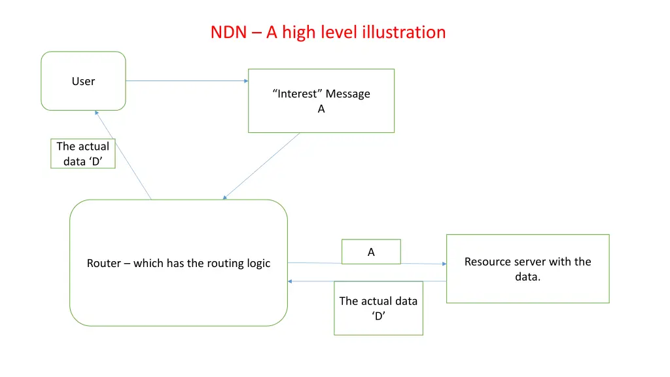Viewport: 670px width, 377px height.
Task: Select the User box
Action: (x=83, y=81)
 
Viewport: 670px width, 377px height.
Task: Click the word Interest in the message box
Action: (x=298, y=94)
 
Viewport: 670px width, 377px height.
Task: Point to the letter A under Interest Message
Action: (x=321, y=109)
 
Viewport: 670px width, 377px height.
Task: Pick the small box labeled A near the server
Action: (x=371, y=252)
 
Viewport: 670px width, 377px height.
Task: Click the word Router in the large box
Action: (x=104, y=263)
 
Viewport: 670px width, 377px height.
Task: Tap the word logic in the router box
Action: (x=257, y=263)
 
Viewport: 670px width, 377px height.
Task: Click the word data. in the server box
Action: (x=527, y=277)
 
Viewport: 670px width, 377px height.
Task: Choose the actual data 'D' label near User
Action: (x=83, y=154)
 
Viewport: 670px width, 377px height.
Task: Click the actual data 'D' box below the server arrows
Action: (x=378, y=308)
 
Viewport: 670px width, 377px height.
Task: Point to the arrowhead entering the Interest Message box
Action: (x=246, y=81)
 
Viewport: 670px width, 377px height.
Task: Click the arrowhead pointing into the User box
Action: (x=96, y=113)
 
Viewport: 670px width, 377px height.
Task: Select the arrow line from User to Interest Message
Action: (x=186, y=81)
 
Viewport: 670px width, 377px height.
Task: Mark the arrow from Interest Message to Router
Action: (x=262, y=166)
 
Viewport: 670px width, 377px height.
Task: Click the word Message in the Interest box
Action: (x=348, y=94)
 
